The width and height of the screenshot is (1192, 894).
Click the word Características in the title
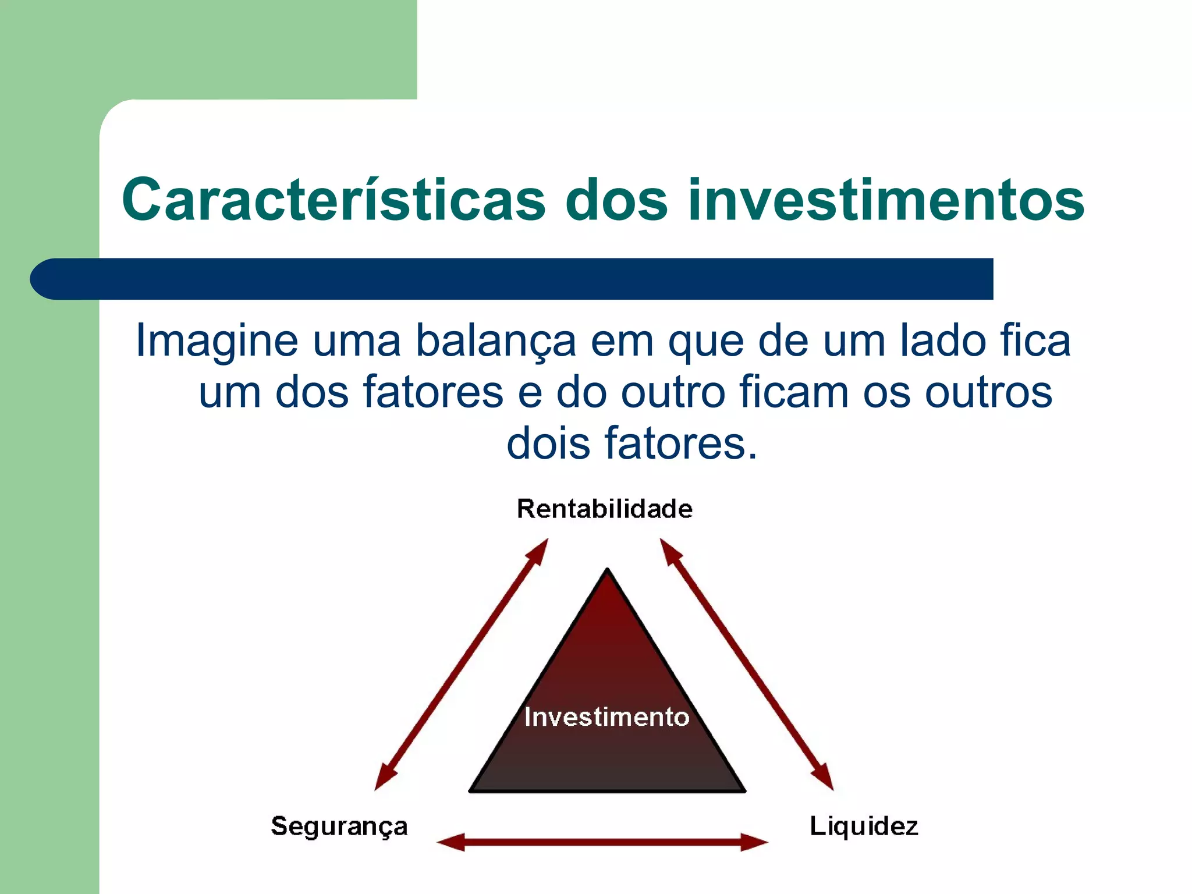334,200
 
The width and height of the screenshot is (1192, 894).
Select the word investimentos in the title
885,200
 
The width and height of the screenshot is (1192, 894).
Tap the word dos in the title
616,200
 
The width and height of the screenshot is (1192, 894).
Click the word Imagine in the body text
217,340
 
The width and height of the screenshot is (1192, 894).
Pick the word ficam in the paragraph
794,392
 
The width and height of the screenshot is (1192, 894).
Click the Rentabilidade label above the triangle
605,509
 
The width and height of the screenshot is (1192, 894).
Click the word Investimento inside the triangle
606,717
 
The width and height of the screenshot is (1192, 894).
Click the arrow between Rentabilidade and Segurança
462,664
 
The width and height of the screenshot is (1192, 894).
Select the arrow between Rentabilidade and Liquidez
747,664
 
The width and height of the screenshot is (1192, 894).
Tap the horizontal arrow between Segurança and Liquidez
602,842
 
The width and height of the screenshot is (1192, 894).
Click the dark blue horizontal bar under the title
512,279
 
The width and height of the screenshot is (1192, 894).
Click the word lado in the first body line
942,340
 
